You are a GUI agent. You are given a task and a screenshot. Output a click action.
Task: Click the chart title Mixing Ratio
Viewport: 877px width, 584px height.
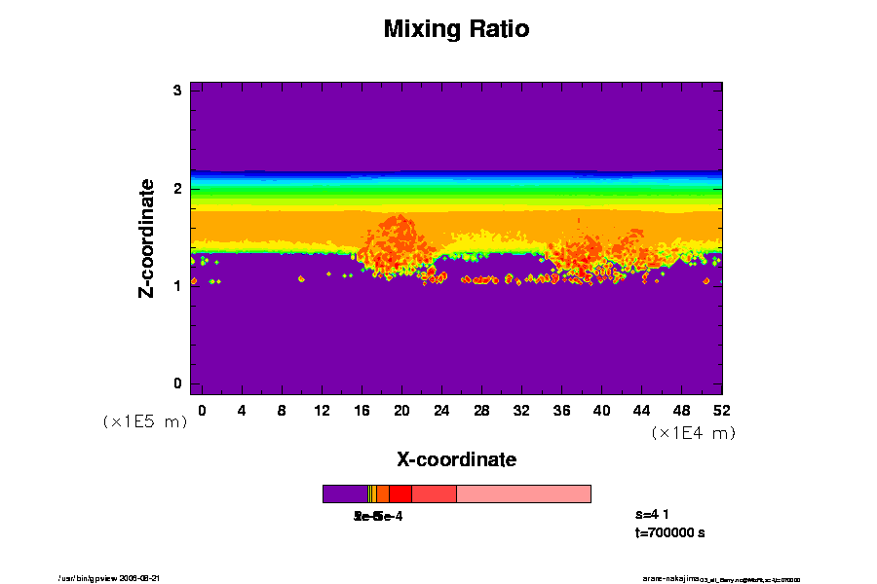pos(456,29)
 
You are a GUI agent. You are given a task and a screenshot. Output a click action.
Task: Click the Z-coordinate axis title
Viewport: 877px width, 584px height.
pos(147,237)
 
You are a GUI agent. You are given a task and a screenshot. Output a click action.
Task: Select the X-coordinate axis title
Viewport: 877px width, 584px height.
pos(456,458)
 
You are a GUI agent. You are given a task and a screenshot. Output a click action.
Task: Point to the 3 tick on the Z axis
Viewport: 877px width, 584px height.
pos(178,91)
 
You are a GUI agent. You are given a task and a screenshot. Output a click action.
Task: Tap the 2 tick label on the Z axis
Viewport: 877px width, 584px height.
pos(178,188)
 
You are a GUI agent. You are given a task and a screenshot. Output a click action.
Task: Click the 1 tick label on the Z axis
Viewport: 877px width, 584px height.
pos(178,285)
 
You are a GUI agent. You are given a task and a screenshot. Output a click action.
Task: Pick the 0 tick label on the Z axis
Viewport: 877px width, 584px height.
pos(178,383)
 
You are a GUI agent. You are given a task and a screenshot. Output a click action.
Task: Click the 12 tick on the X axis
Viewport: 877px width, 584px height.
pos(322,410)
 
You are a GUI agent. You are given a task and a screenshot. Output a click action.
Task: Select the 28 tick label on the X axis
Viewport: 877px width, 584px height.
pos(481,410)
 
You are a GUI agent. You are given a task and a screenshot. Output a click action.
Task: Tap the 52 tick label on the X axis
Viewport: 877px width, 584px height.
pos(721,410)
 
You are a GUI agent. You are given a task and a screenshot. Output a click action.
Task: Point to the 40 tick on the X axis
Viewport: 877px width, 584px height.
pos(601,410)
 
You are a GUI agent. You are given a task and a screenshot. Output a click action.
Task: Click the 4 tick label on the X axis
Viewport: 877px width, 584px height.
pos(242,410)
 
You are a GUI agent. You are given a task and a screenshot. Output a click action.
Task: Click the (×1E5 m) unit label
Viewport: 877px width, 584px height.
pos(144,421)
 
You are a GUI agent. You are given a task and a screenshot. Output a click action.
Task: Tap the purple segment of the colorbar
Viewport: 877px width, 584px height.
pos(345,493)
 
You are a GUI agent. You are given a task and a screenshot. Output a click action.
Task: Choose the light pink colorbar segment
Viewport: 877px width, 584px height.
pos(523,493)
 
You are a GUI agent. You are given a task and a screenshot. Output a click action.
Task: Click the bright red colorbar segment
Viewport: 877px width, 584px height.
pos(400,493)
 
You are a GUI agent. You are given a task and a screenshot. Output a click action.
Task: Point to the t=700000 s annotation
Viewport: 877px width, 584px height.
pos(669,532)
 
